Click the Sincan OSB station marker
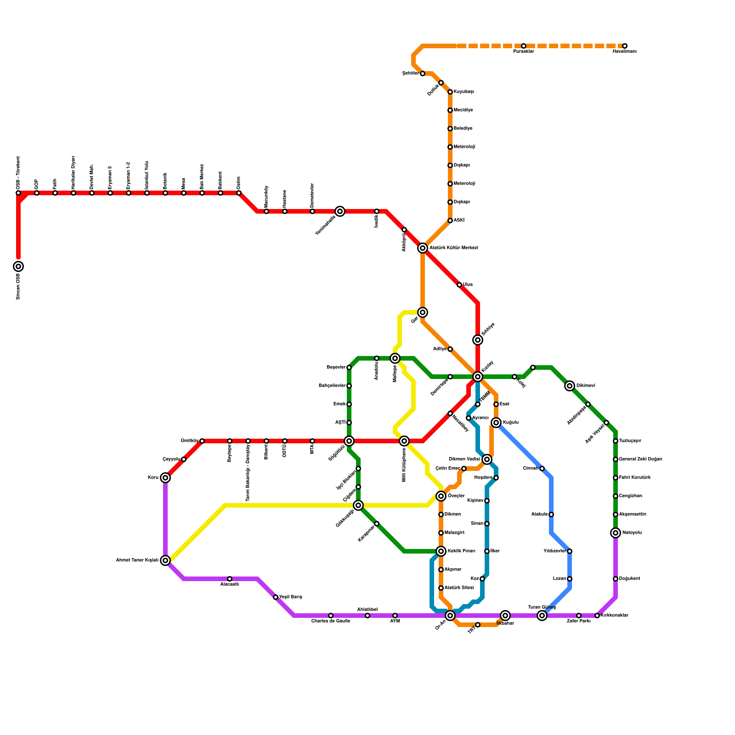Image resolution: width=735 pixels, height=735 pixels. [18, 266]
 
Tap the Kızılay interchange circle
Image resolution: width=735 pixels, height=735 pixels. [478, 377]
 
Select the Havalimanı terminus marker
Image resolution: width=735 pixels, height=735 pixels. [624, 46]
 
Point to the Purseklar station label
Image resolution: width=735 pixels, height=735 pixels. [523, 51]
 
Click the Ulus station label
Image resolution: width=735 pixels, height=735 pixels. [468, 285]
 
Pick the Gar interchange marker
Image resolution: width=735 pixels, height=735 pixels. [423, 312]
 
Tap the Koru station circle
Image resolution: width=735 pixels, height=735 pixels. [165, 478]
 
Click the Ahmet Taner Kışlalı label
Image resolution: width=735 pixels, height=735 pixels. [137, 560]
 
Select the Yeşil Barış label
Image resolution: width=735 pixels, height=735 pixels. [290, 597]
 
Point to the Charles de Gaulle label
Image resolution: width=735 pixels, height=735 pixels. [330, 621]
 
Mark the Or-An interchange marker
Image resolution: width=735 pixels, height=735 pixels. [450, 616]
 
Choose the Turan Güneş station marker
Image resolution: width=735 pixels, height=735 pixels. [542, 616]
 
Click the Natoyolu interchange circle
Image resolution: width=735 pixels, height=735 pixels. [616, 533]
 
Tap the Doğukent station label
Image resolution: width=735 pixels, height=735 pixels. [629, 579]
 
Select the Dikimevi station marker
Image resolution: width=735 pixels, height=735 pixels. [570, 386]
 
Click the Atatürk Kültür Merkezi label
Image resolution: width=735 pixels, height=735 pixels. [453, 248]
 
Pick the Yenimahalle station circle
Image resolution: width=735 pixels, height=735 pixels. [340, 211]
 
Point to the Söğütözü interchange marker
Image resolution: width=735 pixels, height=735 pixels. [349, 441]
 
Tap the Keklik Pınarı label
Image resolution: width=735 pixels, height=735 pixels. [461, 551]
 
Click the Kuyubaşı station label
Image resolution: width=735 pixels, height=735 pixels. [464, 92]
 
